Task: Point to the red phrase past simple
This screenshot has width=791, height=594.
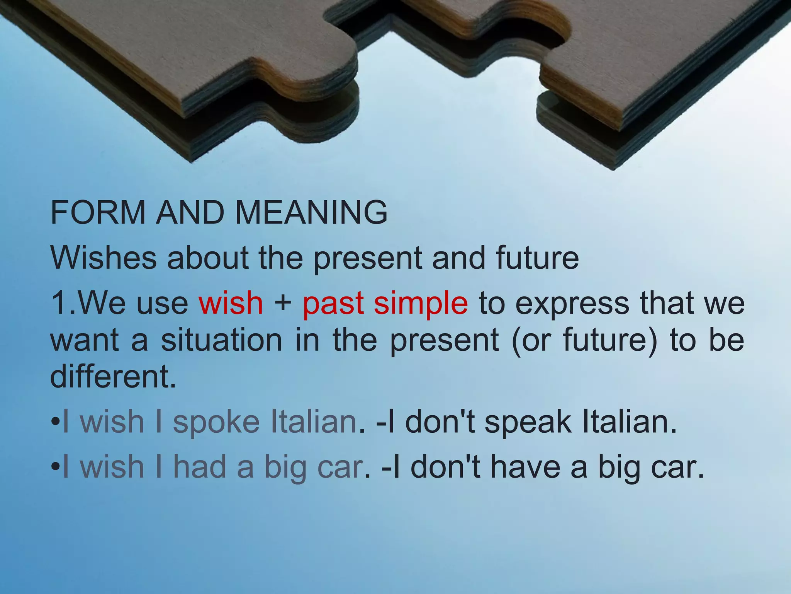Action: point(385,304)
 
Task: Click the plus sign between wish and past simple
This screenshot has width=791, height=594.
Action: point(283,303)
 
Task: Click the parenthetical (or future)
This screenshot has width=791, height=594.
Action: point(584,341)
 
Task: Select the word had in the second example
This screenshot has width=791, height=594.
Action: point(199,467)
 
